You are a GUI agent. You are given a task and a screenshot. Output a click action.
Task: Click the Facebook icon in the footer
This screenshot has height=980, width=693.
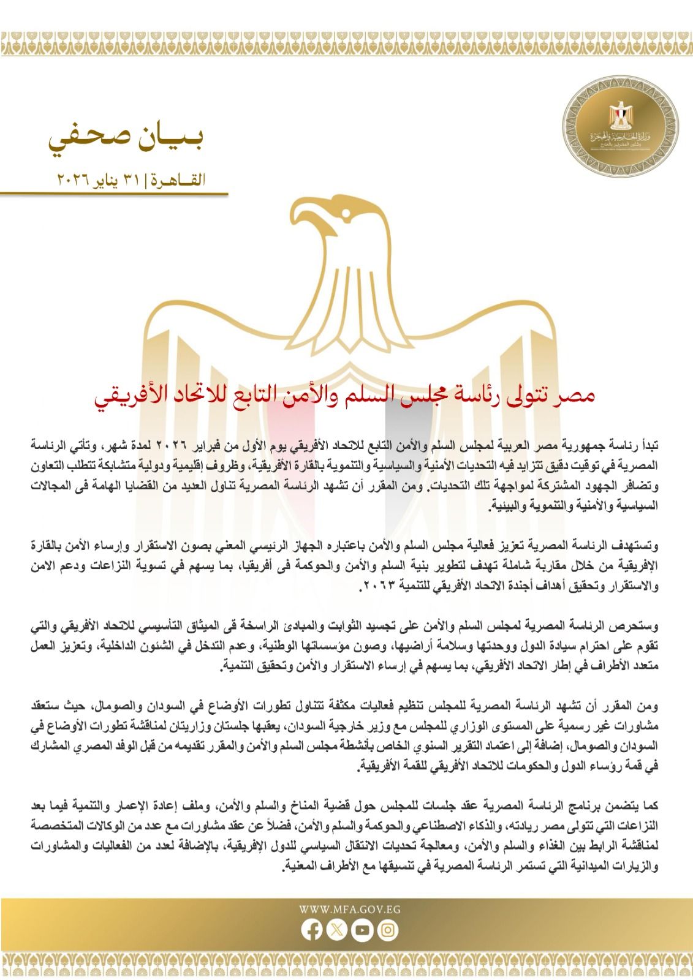click(312, 930)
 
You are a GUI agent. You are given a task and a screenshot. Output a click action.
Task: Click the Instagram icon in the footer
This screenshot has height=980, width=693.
click(387, 930)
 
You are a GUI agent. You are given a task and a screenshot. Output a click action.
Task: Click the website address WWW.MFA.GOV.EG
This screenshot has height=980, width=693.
click(350, 910)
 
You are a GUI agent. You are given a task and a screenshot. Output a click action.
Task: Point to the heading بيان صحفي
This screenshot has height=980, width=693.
click(126, 140)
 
